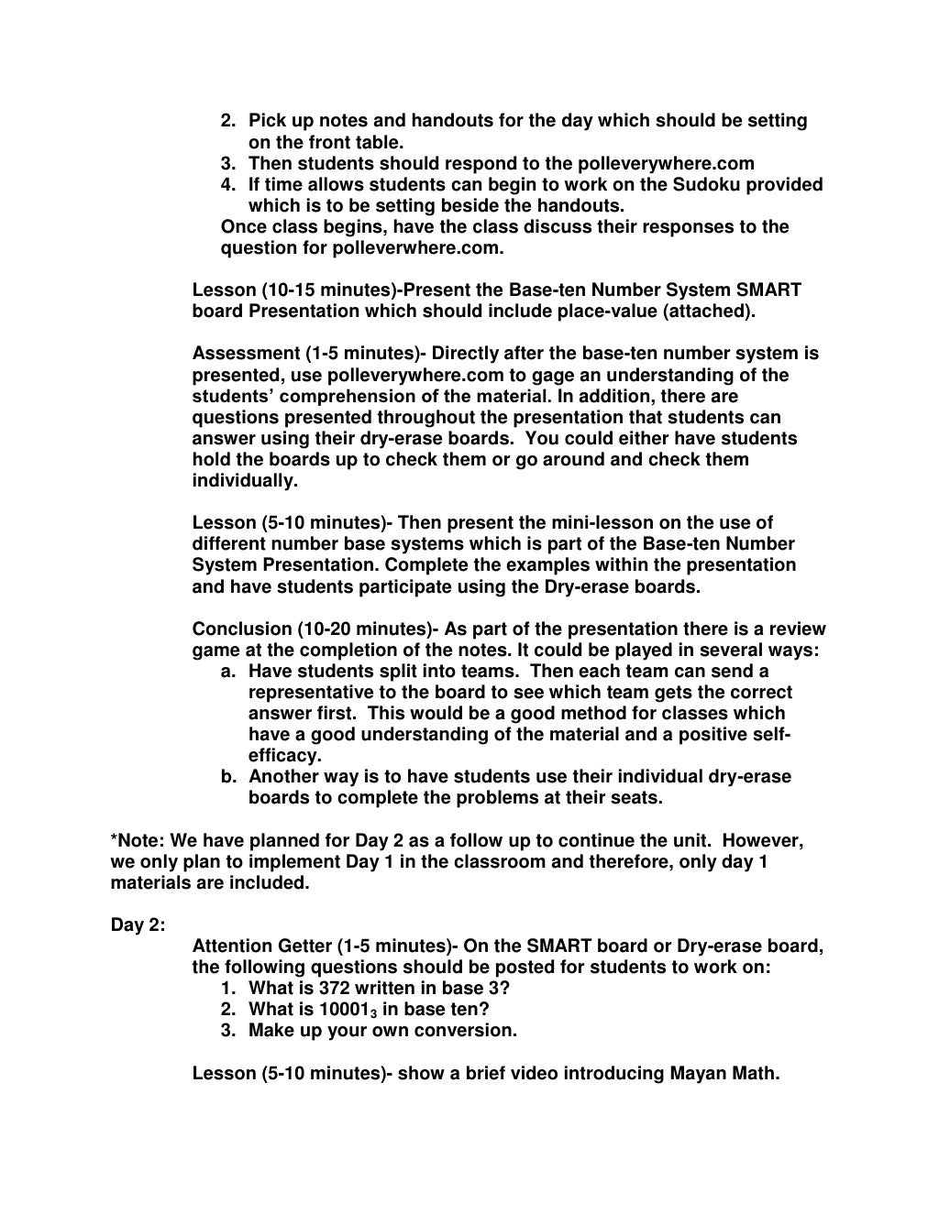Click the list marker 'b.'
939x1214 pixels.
[229, 777]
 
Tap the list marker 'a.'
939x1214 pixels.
[229, 672]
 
